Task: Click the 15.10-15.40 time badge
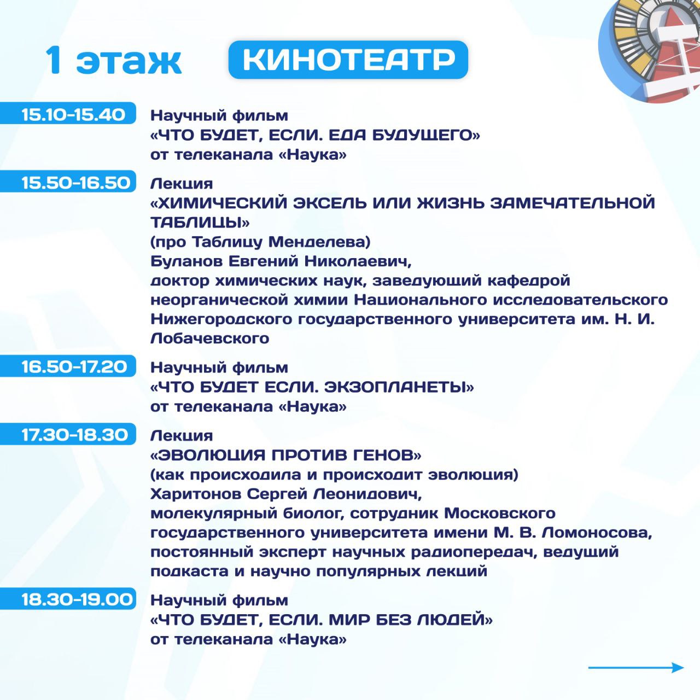click(x=68, y=113)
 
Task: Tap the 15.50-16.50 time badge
click(x=68, y=181)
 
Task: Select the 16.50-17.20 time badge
click(x=68, y=366)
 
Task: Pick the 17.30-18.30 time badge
click(x=68, y=434)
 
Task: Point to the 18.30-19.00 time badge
click(x=68, y=598)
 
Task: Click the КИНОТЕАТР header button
click(x=348, y=60)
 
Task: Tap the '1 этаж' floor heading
click(x=113, y=61)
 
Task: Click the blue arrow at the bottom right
click(x=636, y=668)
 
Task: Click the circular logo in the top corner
click(x=649, y=50)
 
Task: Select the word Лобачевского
click(x=209, y=339)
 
